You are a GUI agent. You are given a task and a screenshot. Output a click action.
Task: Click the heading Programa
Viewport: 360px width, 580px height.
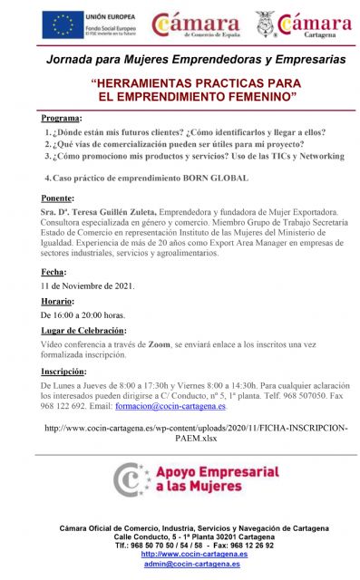click(x=61, y=119)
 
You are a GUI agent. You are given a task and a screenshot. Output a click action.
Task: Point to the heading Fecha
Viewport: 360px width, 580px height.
click(x=53, y=272)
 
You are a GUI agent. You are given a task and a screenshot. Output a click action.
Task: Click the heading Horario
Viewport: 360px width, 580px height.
click(x=57, y=301)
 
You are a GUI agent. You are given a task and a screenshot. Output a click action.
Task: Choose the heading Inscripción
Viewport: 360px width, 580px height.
click(x=63, y=372)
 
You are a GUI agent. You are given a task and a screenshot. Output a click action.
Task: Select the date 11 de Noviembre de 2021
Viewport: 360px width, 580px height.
click(x=88, y=285)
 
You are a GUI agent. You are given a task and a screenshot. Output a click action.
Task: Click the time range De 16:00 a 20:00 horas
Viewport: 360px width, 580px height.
click(x=83, y=314)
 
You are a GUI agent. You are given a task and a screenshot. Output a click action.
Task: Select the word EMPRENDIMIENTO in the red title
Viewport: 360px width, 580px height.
click(x=178, y=94)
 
